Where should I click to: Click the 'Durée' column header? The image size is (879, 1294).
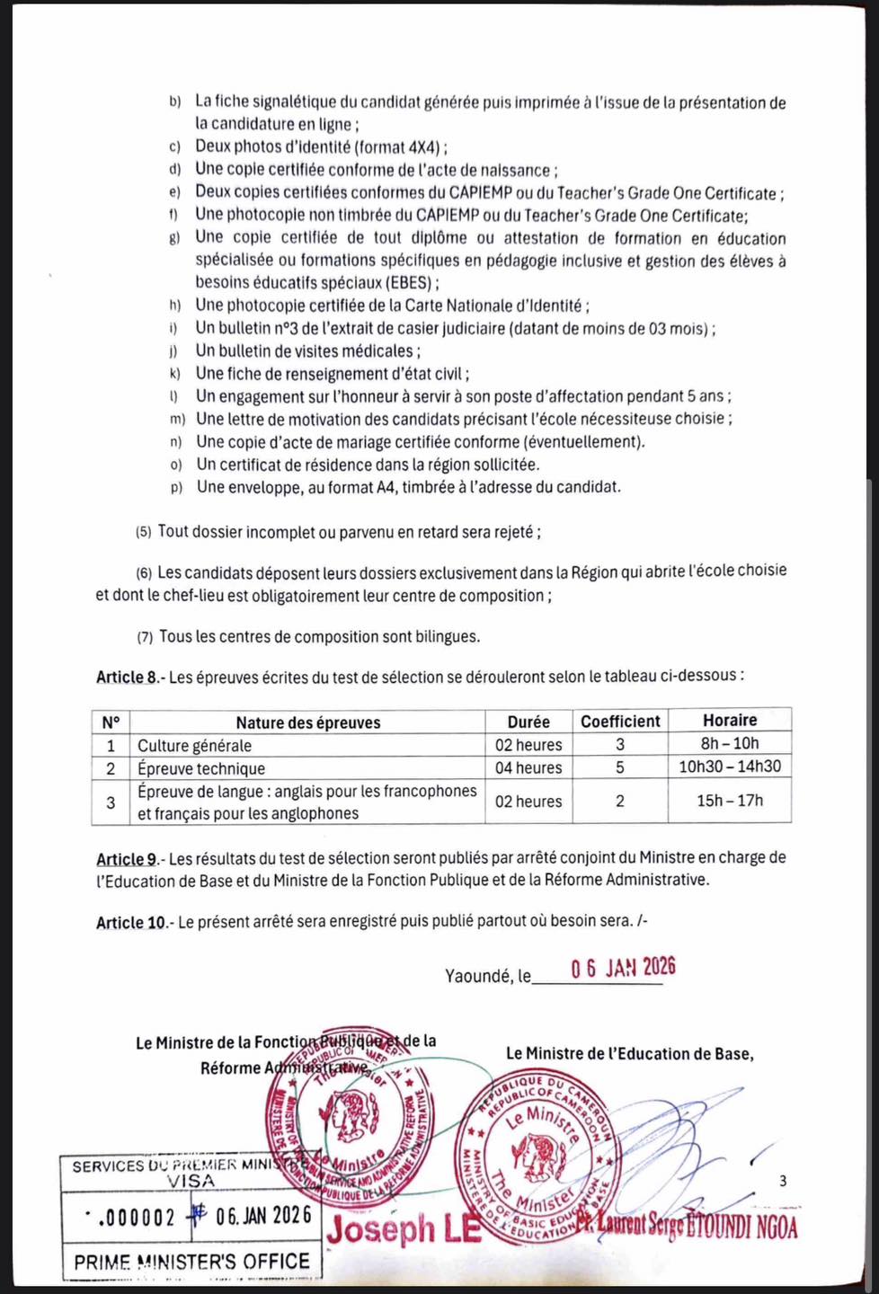point(528,722)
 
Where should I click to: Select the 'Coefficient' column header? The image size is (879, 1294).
point(620,721)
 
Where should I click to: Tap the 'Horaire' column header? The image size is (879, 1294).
point(730,720)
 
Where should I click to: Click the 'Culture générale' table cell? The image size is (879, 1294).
point(195,745)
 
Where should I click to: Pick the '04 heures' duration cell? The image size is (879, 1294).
point(528,767)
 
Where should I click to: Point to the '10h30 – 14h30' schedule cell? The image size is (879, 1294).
point(730,767)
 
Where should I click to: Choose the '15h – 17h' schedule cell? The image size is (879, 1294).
point(730,800)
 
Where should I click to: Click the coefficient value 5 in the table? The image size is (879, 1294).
point(620,767)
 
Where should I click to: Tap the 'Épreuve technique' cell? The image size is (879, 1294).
point(201,768)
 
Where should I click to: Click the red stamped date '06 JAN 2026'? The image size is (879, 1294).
point(623,967)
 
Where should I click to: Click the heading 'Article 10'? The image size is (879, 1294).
point(132,922)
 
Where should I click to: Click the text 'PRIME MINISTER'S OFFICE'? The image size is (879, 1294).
point(191,1262)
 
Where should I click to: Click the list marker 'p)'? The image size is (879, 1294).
point(176,487)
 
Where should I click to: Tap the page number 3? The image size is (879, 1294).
point(783,1181)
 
